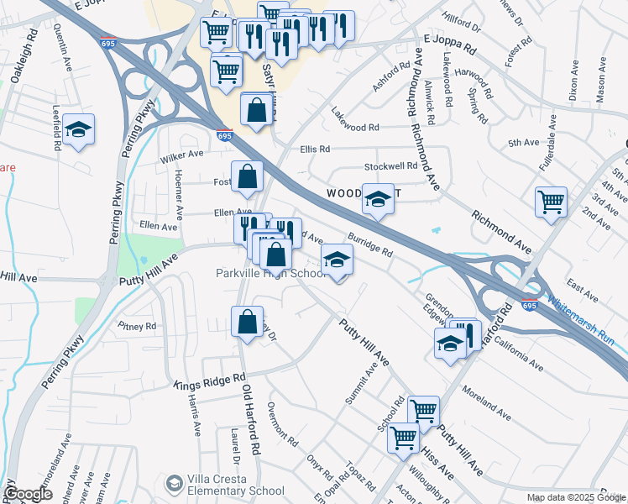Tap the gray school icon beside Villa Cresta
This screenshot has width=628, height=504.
click(174, 482)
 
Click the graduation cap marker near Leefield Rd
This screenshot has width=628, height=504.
click(78, 129)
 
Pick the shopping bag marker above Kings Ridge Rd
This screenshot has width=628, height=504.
click(247, 322)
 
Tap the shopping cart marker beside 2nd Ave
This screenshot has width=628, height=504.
click(551, 202)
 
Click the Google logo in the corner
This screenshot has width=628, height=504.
click(28, 494)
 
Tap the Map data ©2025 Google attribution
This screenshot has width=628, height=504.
click(575, 497)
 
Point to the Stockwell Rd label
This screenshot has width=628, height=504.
click(390, 166)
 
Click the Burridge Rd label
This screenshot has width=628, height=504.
click(370, 245)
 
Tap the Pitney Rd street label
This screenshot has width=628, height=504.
click(137, 326)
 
